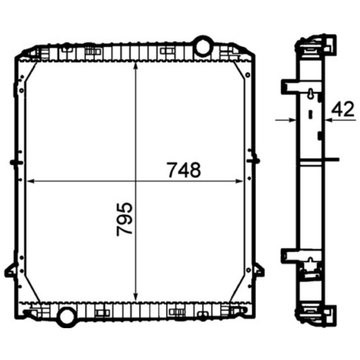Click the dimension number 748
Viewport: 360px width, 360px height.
[x=184, y=170]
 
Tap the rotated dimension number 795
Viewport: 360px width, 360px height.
[x=125, y=219]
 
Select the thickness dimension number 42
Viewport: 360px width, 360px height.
[x=343, y=109]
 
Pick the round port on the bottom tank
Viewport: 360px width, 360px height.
[x=67, y=317]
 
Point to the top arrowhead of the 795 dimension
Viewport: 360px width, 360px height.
[x=136, y=65]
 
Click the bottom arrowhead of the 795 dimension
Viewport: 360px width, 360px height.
[x=136, y=297]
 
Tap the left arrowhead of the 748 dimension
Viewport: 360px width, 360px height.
[x=31, y=181]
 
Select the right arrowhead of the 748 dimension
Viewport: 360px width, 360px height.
[x=239, y=181]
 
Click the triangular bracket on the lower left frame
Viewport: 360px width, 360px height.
[x=10, y=270]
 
